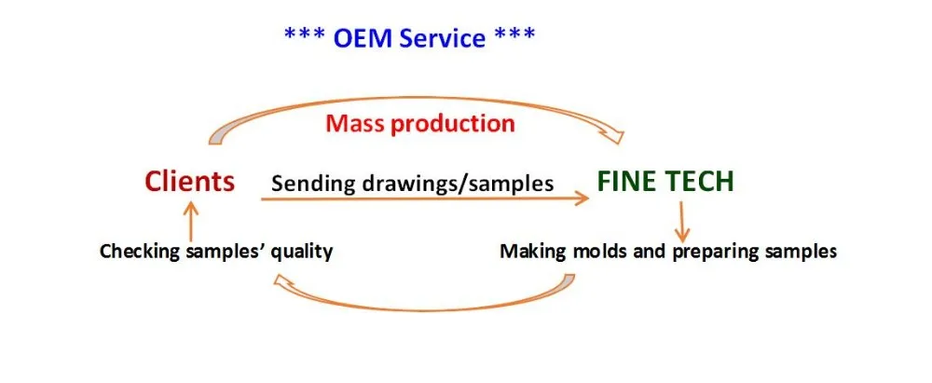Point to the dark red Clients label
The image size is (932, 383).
click(x=189, y=181)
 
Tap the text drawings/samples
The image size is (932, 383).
click(x=452, y=184)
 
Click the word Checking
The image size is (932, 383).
click(x=140, y=252)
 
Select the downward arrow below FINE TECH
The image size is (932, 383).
click(x=681, y=222)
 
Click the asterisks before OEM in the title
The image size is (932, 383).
click(x=305, y=34)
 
